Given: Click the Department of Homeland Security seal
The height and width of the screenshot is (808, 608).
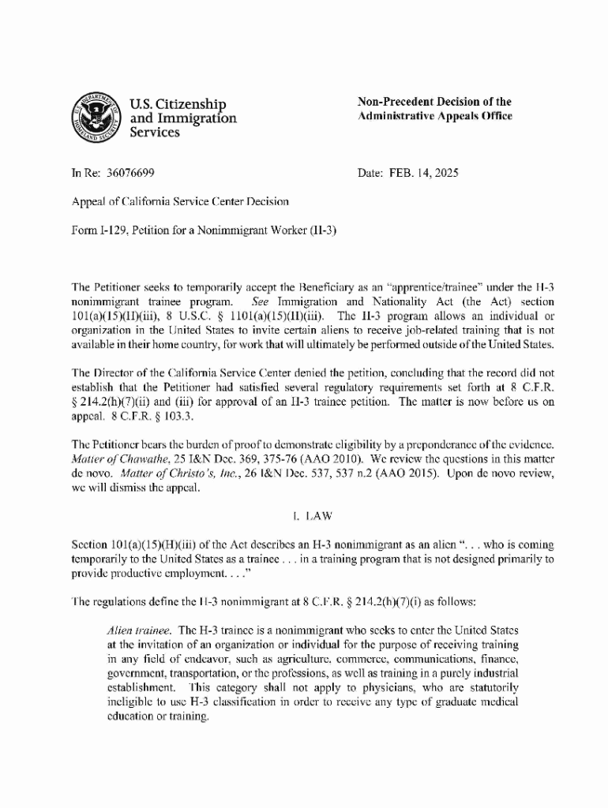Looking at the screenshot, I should click(x=97, y=118).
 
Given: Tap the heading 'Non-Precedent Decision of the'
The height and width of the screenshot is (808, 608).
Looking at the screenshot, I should click(x=434, y=102).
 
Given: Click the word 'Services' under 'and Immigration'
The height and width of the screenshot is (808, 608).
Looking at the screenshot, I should click(x=154, y=133).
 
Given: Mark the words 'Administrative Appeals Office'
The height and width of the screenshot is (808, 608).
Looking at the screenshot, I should click(x=435, y=116).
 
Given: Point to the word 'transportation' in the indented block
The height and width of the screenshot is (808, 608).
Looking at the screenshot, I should click(x=201, y=673).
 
